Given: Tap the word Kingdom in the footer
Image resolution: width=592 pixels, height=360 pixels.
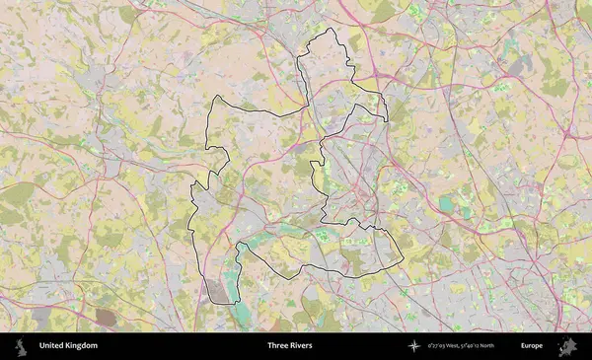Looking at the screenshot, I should [81, 346].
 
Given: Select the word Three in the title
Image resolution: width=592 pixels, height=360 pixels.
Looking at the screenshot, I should [277, 346].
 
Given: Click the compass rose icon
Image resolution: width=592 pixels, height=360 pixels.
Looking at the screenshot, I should [415, 346].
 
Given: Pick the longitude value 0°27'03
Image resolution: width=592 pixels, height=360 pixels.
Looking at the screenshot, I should [440, 346].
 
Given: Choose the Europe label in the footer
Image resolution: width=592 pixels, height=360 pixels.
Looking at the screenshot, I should [532, 346].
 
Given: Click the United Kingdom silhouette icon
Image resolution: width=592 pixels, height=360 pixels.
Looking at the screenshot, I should [21, 346].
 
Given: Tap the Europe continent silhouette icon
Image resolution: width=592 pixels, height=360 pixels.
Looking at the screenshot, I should [567, 346].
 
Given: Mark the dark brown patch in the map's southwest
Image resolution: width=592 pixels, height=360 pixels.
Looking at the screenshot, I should [105, 317].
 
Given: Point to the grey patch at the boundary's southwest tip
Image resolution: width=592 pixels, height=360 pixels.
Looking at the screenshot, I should [217, 290].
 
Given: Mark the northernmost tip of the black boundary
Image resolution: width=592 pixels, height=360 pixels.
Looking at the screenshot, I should [329, 30].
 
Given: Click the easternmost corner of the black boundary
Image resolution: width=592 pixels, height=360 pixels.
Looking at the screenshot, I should [403, 258].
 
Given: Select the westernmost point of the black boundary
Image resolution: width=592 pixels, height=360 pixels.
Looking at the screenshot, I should [189, 187].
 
